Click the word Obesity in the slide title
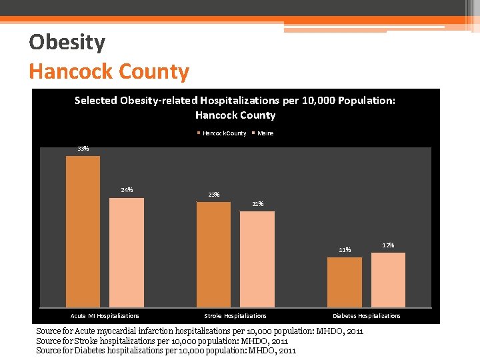point(67,43)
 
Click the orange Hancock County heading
point(109,71)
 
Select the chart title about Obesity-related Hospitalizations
point(235,107)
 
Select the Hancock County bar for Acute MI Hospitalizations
point(83,231)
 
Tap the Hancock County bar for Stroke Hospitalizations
point(213,254)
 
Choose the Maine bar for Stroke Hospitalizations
point(257,259)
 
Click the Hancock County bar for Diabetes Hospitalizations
point(345,282)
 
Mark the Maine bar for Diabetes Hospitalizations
point(388,280)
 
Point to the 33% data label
point(83,149)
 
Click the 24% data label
point(127,190)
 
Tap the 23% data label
point(213,195)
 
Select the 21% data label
point(257,204)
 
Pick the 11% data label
point(345,250)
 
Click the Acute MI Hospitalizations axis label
point(105,316)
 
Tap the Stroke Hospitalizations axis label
point(235,316)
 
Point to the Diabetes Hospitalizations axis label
point(367,316)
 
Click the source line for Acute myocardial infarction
point(199,331)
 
